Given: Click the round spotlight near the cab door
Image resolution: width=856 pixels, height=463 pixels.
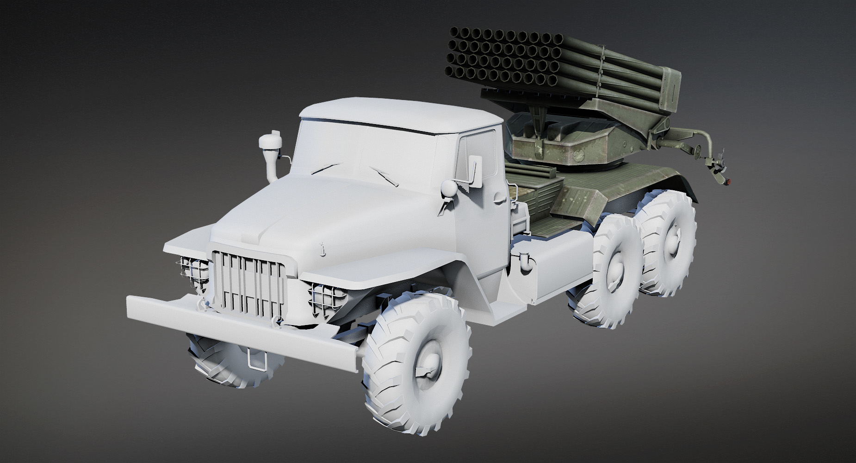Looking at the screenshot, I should [447, 188].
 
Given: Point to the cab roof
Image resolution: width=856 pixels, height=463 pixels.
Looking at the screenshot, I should [398, 111].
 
